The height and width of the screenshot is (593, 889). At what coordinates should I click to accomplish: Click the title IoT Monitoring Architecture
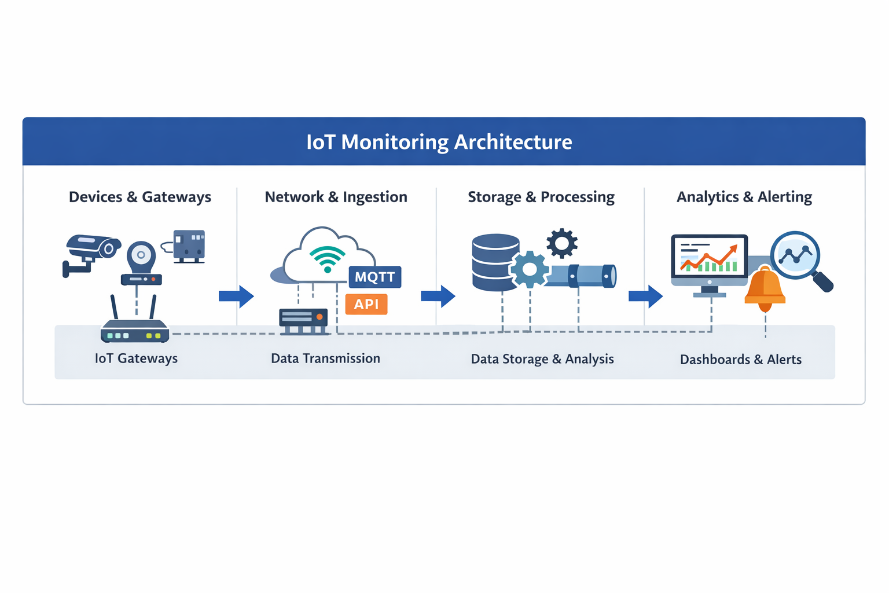[x=439, y=142]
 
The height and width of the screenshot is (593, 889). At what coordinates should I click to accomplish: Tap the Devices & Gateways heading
[x=140, y=197]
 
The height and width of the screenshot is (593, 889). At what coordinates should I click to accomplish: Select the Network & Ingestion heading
[x=336, y=197]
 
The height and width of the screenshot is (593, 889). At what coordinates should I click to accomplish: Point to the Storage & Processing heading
[x=541, y=197]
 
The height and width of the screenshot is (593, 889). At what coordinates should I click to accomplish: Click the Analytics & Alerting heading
[x=744, y=197]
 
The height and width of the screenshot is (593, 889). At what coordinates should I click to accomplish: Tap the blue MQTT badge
[x=374, y=277]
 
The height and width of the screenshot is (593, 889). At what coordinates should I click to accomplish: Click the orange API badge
[x=366, y=304]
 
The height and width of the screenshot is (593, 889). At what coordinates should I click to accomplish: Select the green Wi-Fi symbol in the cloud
[x=327, y=258]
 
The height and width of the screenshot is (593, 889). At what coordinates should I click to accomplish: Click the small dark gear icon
[x=562, y=243]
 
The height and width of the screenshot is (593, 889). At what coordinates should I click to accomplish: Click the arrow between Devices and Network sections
[x=236, y=296]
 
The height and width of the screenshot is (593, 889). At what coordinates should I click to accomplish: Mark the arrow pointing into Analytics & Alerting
[x=645, y=296]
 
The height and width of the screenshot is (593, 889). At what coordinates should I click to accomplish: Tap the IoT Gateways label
[x=136, y=358]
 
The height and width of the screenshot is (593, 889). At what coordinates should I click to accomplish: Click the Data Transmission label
[x=325, y=358]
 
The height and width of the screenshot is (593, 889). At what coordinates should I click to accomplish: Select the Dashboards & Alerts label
[x=740, y=360]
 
